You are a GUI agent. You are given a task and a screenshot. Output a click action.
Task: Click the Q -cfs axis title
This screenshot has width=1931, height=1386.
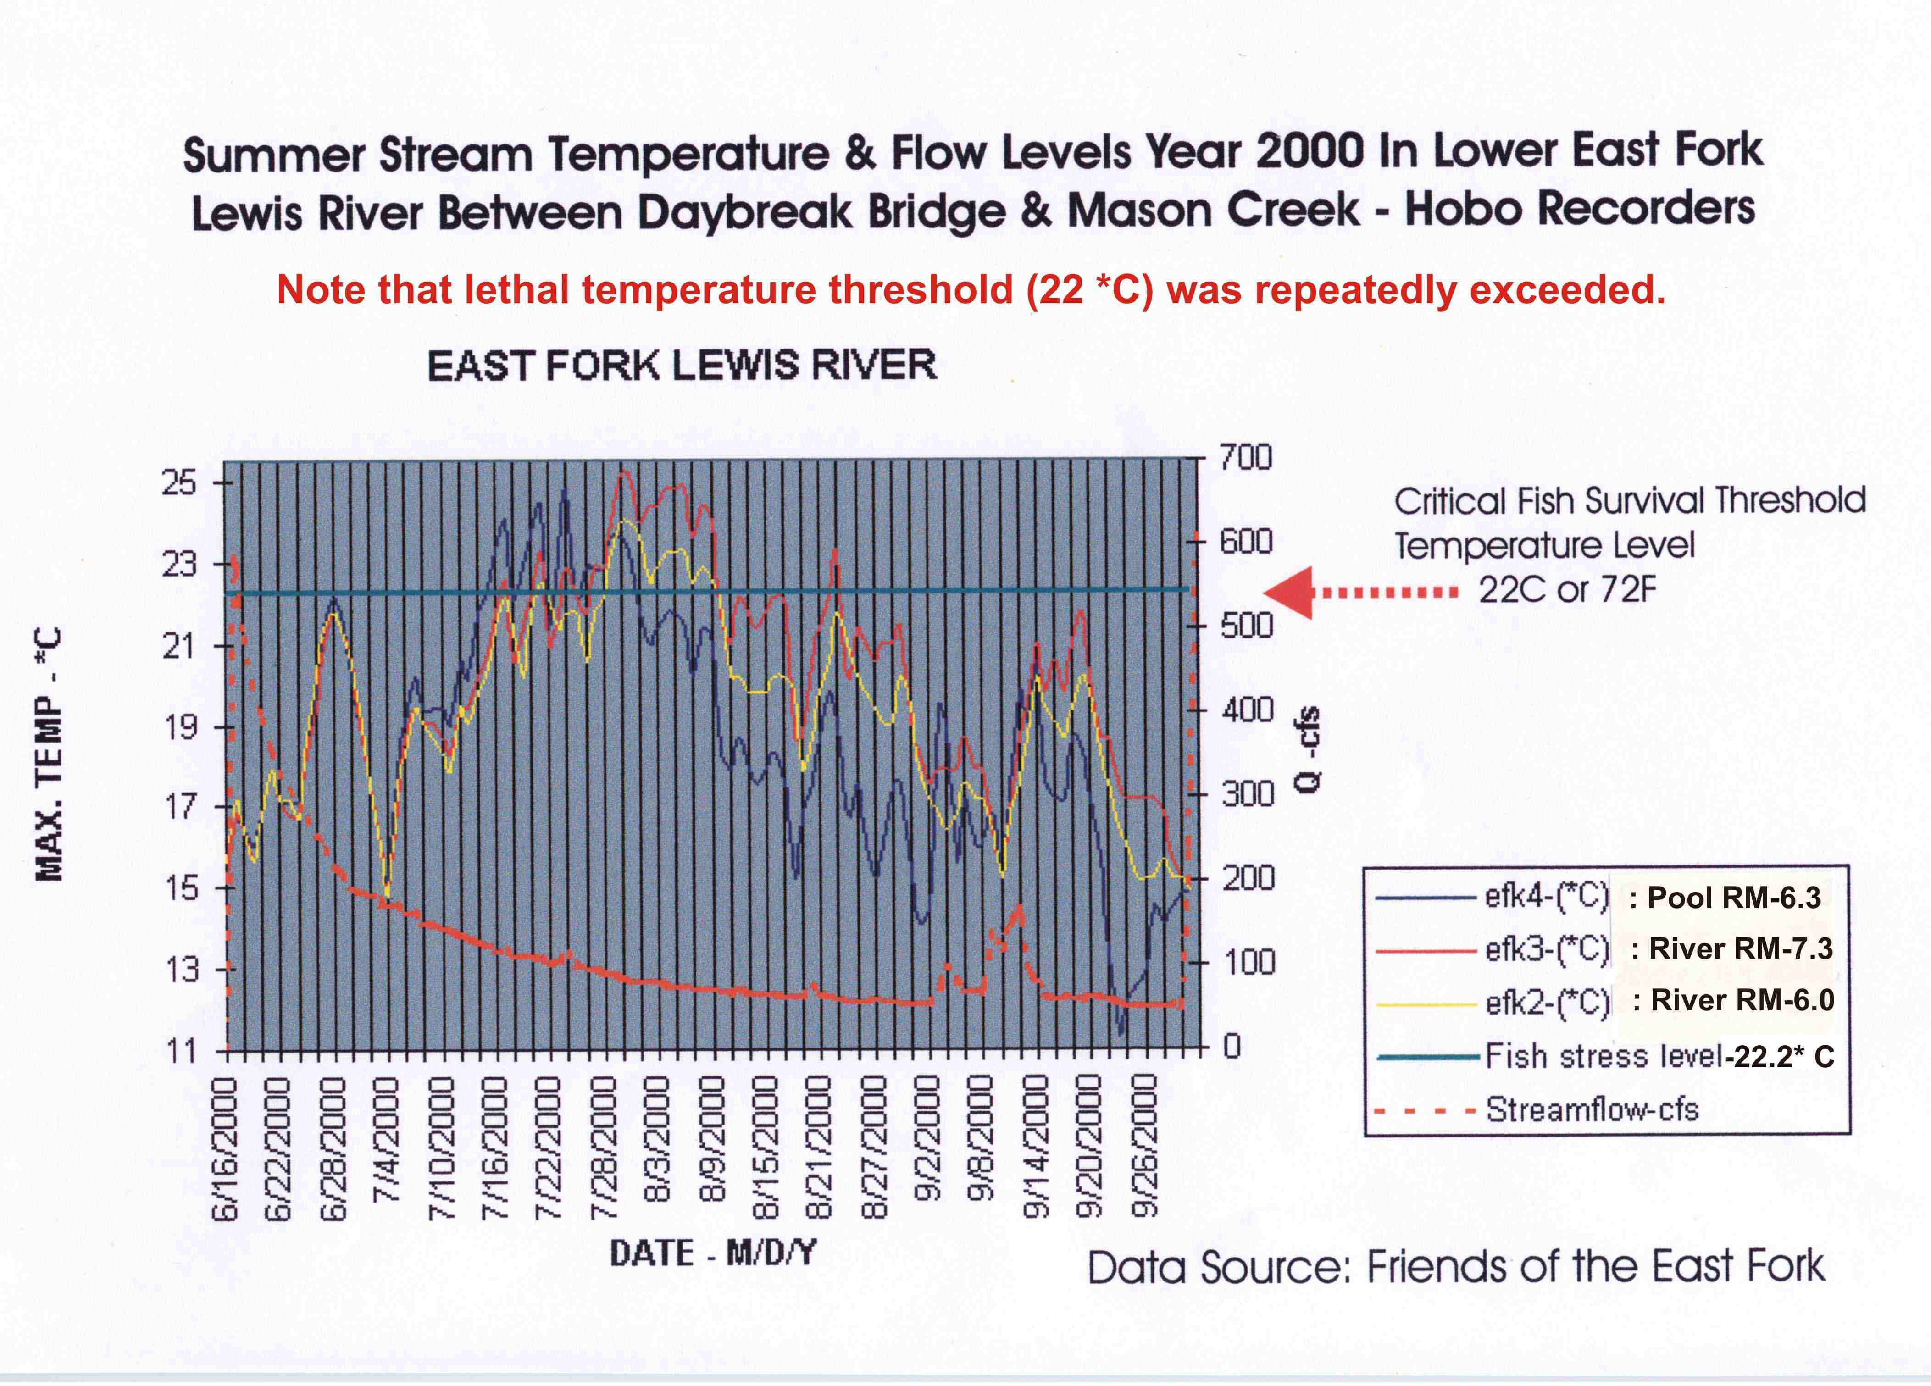tap(1310, 749)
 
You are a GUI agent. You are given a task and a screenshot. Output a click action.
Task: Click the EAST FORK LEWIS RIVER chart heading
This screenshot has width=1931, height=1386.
tap(681, 366)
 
